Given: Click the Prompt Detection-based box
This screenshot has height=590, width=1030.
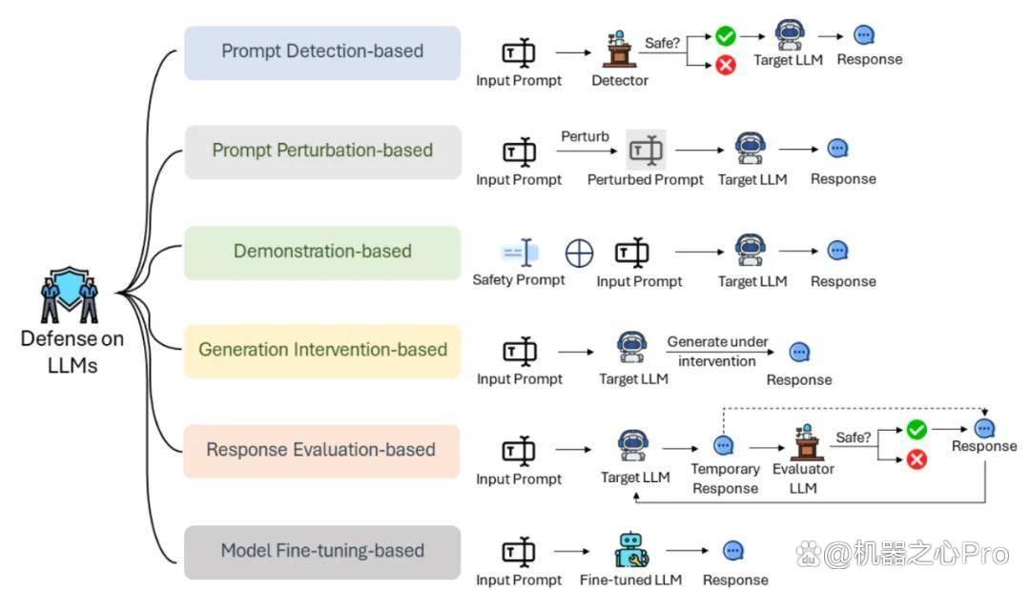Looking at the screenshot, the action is click(x=322, y=52).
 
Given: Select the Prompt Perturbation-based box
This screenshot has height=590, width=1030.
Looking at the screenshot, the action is click(x=322, y=152).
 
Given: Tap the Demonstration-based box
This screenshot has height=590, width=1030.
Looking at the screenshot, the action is click(x=322, y=253).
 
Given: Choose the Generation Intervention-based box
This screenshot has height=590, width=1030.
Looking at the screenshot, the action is click(x=322, y=351).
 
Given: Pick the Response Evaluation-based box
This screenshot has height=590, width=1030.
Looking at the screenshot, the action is click(x=321, y=451).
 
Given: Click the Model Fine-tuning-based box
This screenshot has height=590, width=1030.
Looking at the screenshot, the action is click(x=322, y=552).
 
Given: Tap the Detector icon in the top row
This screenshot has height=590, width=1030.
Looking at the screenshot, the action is click(x=620, y=49).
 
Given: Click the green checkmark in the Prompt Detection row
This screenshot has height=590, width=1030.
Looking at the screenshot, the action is click(x=725, y=35).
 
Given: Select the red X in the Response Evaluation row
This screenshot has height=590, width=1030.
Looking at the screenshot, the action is click(x=917, y=458).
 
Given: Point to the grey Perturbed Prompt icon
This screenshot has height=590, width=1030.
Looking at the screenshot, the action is click(x=646, y=151).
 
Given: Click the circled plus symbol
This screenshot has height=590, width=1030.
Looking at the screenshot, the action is click(x=579, y=253).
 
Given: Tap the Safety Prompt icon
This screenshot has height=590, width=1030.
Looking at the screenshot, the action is click(x=520, y=252).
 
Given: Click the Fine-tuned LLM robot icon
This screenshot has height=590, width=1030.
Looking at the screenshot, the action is click(x=631, y=550).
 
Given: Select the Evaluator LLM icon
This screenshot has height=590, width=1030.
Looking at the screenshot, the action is click(x=805, y=442).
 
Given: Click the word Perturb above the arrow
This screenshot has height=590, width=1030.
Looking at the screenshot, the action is click(x=585, y=136).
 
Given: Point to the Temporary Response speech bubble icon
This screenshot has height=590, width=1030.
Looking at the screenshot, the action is click(x=723, y=446).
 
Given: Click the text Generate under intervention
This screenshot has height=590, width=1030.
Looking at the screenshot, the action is click(x=717, y=351).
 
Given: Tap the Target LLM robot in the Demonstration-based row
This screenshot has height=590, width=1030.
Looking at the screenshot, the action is click(x=751, y=250).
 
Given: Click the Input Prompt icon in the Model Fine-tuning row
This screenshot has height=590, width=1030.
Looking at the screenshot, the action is click(x=519, y=551).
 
